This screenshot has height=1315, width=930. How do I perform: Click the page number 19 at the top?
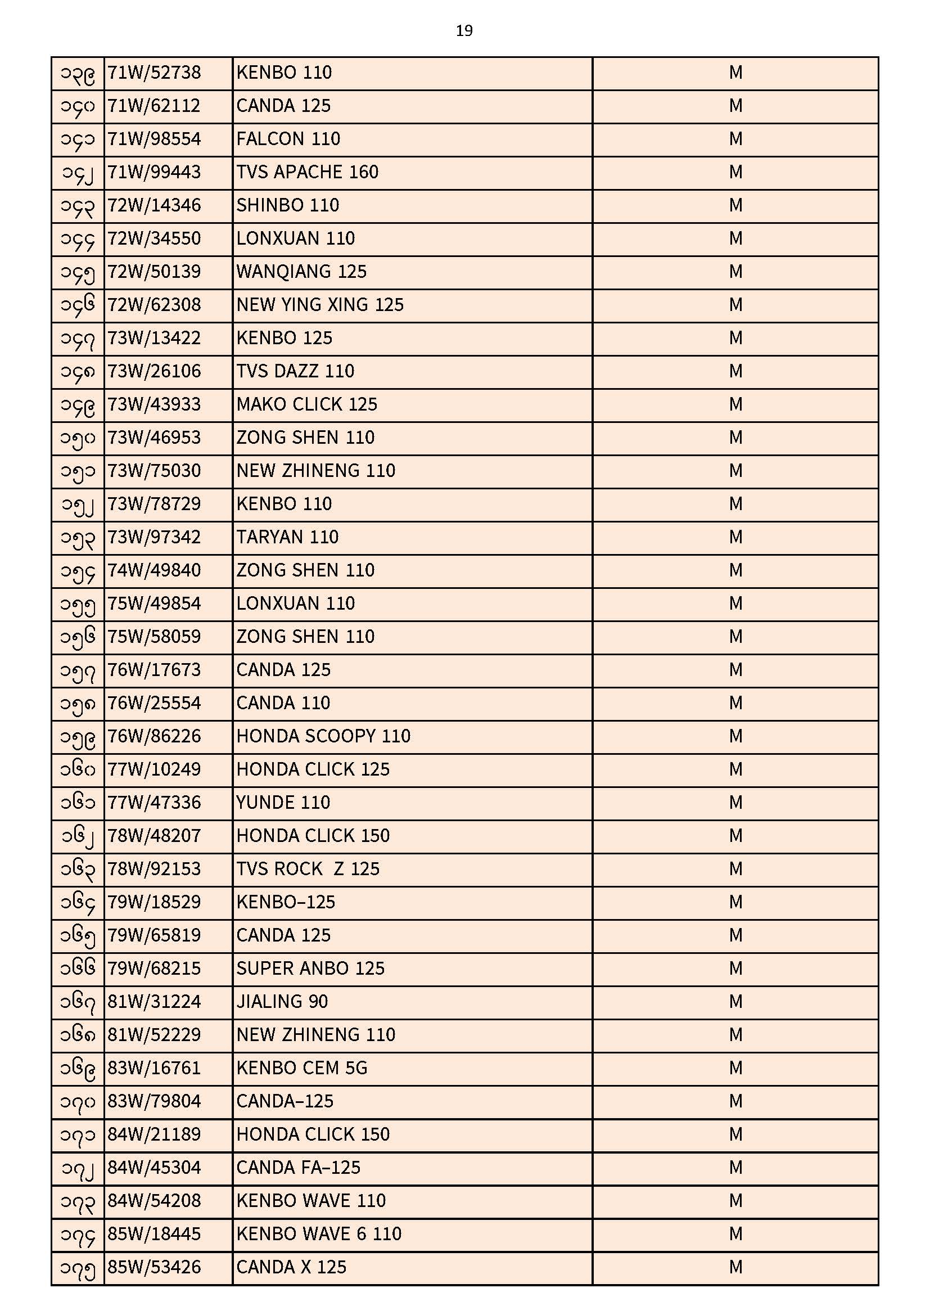[464, 31]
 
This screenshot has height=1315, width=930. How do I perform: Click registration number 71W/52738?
[154, 73]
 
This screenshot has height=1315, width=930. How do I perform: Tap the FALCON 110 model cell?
[288, 139]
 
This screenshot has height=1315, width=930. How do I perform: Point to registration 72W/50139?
[154, 272]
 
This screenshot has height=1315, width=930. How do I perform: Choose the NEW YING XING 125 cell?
[319, 305]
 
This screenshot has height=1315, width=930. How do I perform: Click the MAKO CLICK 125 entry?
[306, 405]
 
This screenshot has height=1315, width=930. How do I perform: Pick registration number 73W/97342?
[154, 538]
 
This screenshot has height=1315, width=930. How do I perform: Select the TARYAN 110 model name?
[287, 538]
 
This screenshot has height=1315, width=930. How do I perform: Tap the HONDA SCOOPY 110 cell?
[323, 737]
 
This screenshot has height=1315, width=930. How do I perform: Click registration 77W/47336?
[154, 803]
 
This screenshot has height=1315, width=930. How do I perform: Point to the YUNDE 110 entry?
[283, 803]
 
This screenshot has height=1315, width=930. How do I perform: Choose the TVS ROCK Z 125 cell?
[308, 870]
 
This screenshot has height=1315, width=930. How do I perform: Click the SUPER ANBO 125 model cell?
[310, 969]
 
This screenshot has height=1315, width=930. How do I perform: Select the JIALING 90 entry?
[282, 1002]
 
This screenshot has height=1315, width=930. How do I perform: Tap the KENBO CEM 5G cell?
[301, 1069]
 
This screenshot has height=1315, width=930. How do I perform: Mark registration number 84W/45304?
[154, 1168]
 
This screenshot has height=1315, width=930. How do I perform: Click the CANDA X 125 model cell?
[291, 1268]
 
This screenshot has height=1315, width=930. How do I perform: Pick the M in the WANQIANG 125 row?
[735, 272]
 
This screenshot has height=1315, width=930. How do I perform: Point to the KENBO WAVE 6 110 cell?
[318, 1235]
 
